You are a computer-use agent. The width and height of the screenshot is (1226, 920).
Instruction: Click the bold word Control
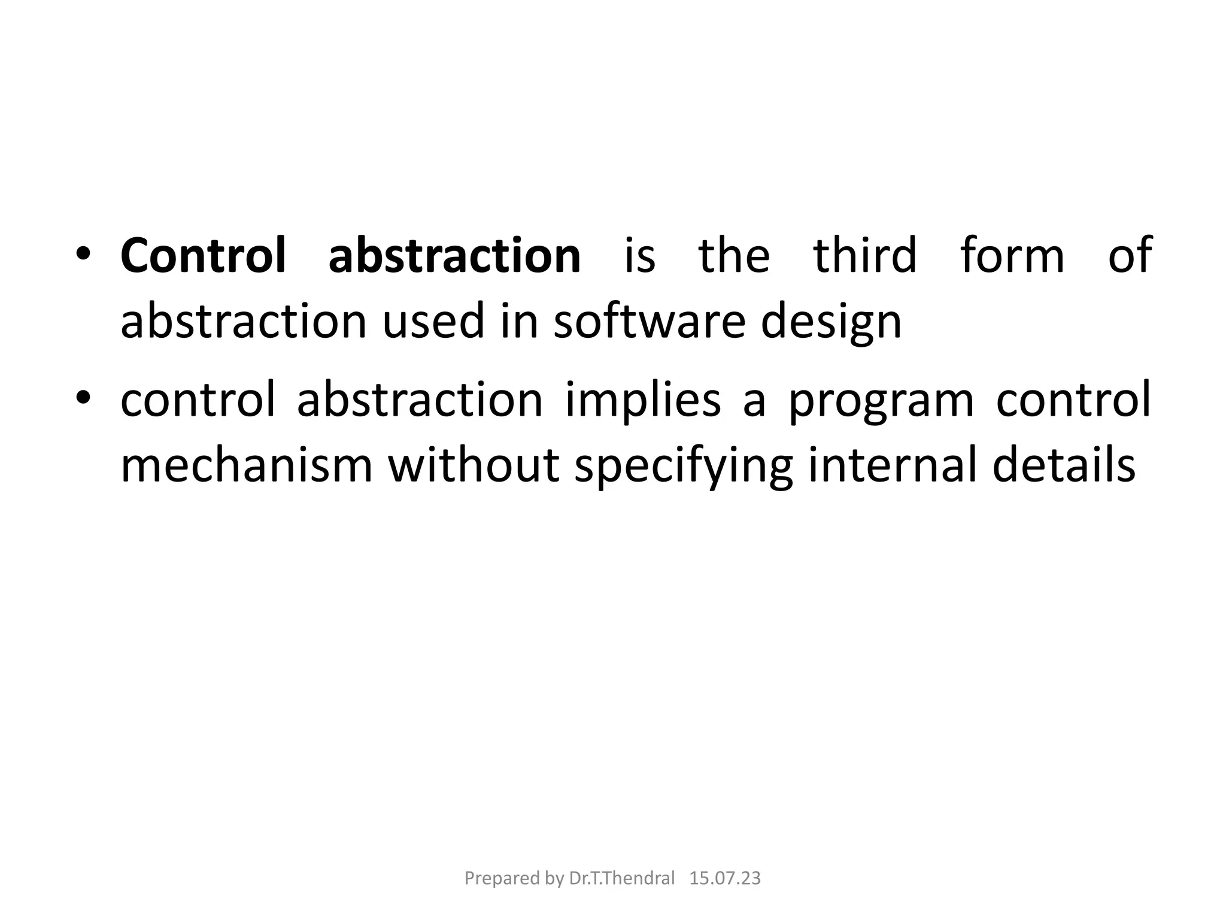click(203, 256)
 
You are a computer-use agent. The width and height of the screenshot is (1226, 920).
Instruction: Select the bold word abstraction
click(454, 256)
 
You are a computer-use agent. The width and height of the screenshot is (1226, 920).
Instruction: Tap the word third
click(864, 256)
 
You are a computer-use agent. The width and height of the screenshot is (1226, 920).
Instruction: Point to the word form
click(1012, 256)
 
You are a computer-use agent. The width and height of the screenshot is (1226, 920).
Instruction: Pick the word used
click(433, 322)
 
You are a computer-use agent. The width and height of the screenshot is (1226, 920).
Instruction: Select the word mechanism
click(247, 466)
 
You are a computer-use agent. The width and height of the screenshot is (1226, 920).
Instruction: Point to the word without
click(474, 466)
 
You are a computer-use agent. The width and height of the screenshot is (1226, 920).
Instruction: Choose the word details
click(1064, 466)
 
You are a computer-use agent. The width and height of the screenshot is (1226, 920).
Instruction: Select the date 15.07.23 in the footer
click(725, 879)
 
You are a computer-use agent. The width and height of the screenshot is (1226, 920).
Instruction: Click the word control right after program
click(1073, 400)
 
